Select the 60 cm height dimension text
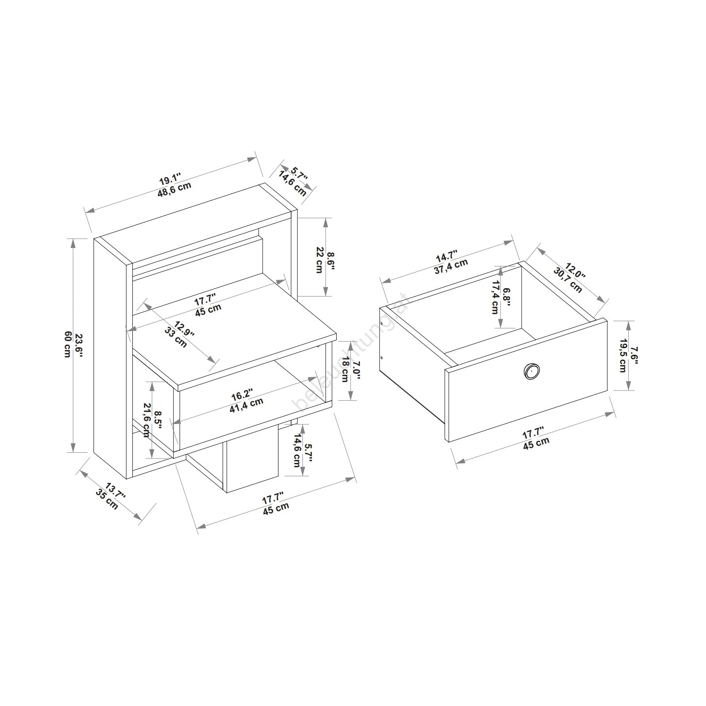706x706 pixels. coord(67,345)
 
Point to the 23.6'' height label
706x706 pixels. coord(79,345)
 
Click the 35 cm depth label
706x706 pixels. coord(107,499)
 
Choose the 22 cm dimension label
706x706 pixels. coord(319,260)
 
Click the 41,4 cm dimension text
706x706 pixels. coord(246,404)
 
